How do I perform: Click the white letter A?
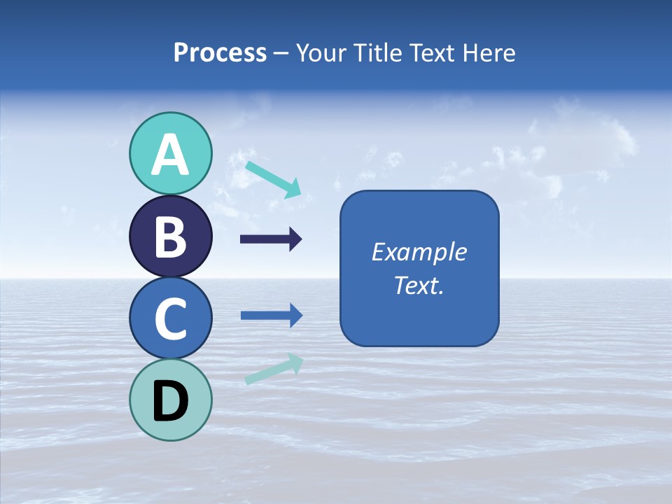point(170,155)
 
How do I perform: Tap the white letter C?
point(170,318)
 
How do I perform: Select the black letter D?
point(170,401)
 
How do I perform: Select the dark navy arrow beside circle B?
point(271,239)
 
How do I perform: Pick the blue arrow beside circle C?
point(272,315)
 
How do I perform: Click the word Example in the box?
point(419,252)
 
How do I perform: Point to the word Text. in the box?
point(419,285)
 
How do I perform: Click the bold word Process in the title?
point(220,53)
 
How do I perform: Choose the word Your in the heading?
point(323,53)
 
